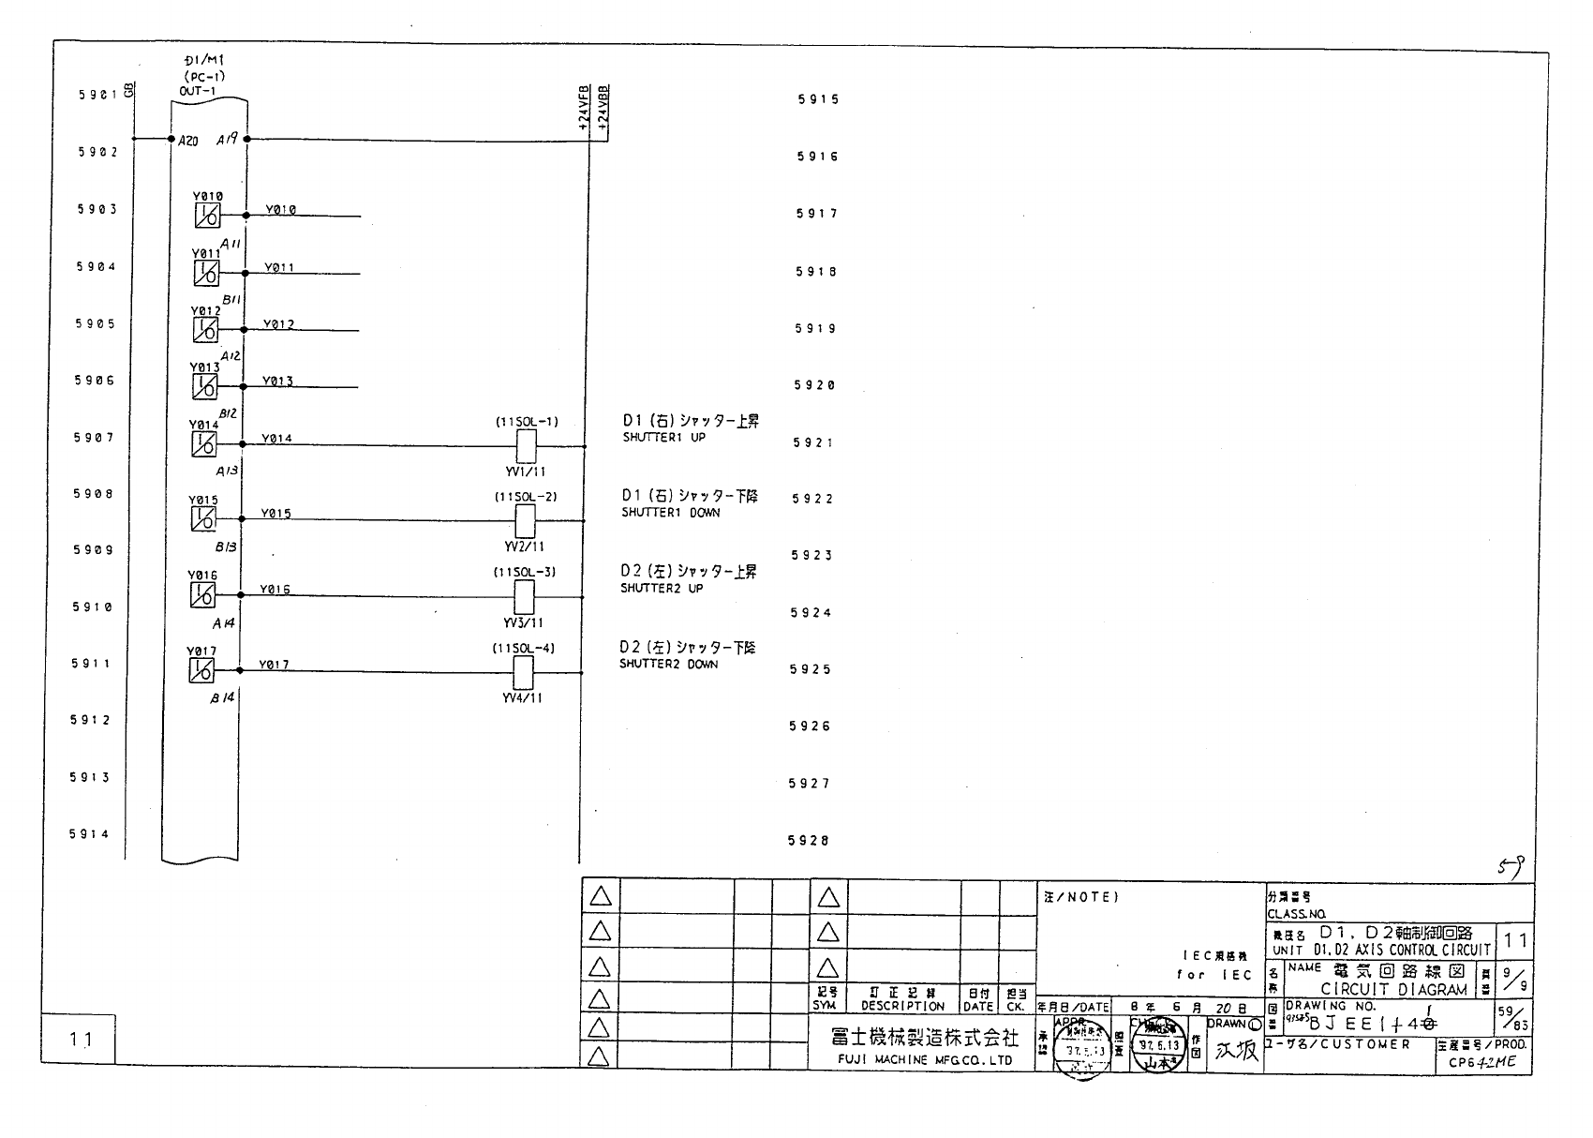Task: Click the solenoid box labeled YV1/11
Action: click(527, 446)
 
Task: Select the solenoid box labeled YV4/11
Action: click(524, 672)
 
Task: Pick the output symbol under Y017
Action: click(201, 670)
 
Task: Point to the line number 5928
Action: click(809, 841)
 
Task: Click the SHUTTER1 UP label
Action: click(664, 438)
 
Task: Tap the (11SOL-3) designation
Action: click(525, 572)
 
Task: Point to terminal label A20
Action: click(187, 140)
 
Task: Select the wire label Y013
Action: click(277, 382)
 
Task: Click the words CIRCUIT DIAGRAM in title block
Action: click(1393, 989)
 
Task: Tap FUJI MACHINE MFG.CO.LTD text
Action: click(924, 1060)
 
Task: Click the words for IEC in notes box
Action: click(1214, 975)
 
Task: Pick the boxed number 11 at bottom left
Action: click(80, 1039)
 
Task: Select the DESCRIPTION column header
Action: click(902, 1006)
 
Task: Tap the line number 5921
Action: click(811, 442)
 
